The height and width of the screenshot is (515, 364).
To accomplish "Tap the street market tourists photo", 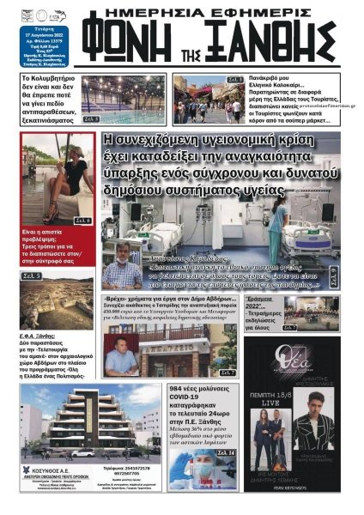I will tap(209, 98).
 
